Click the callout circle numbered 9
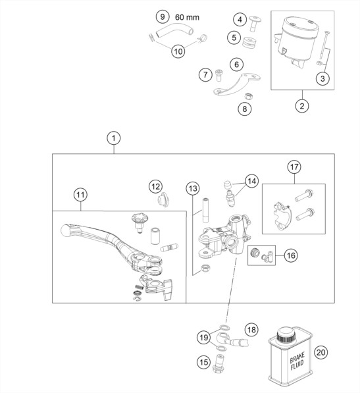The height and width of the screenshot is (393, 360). point(163,17)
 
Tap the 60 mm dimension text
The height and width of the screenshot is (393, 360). point(187,17)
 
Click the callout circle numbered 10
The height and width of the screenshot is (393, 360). point(178,51)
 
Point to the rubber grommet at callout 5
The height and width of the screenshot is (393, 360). point(250,42)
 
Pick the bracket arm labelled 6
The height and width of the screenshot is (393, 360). point(236,84)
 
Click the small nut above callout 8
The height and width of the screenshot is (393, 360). point(249,95)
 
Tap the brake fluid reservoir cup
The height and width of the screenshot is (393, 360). point(296,40)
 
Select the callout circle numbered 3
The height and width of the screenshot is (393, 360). point(322,78)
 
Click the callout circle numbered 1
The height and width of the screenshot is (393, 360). point(114,138)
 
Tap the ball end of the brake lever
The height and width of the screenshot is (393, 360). point(66,230)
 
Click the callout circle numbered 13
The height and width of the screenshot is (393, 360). point(193,188)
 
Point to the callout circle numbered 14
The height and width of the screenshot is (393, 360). point(252,181)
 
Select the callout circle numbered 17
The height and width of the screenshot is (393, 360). point(294,167)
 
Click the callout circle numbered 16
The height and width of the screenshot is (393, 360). point(291,255)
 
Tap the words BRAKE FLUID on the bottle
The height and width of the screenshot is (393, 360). point(297,360)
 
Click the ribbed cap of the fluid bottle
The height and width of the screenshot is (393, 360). point(286,335)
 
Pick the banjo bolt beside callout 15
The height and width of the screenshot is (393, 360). point(219,361)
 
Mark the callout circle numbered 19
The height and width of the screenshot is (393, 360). point(203,337)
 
